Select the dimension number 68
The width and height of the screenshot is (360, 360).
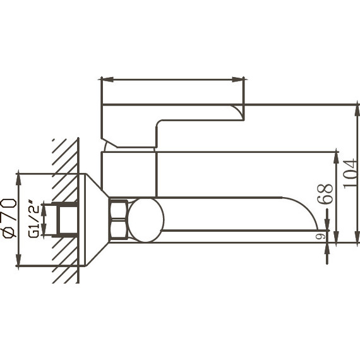tap(325, 195)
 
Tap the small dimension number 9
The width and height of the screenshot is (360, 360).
tap(320, 236)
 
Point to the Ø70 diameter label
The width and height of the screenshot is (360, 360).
tap(9, 218)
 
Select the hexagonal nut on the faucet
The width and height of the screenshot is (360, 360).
tap(118, 219)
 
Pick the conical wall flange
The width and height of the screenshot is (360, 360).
tap(94, 219)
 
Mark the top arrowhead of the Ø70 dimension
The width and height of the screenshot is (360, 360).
tap(18, 177)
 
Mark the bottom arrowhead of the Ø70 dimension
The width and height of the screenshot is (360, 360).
tap(18, 261)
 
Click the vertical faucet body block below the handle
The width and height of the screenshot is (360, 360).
tap(129, 174)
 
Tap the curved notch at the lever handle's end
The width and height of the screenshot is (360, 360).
tap(238, 112)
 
